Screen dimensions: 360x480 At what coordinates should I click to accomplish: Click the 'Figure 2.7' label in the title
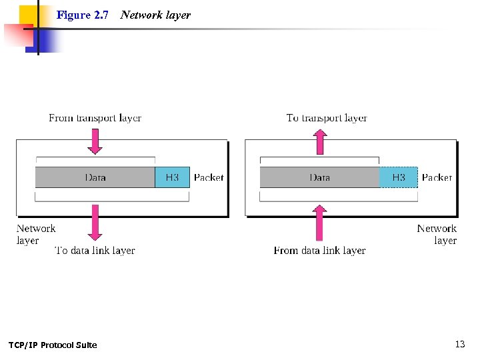(83, 15)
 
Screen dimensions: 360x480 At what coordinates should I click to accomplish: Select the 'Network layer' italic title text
(155, 15)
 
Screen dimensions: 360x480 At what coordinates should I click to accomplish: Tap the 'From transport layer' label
(95, 118)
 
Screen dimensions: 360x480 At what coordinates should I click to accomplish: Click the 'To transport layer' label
(327, 118)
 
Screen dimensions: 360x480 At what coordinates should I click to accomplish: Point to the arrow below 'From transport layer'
(95, 141)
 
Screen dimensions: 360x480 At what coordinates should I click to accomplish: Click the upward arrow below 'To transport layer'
(321, 141)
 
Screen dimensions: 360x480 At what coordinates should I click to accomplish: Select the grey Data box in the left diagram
(95, 177)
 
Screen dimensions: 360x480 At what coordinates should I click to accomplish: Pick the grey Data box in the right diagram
(319, 177)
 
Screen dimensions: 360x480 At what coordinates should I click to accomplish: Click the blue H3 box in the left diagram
(172, 177)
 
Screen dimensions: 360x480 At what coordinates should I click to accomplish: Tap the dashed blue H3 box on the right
(398, 177)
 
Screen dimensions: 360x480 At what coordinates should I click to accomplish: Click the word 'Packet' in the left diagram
(209, 177)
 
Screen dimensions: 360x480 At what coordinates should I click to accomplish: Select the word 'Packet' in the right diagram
(437, 177)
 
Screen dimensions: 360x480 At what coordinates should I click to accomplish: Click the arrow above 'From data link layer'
(320, 223)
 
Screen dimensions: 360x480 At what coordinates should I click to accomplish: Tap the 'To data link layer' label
(95, 251)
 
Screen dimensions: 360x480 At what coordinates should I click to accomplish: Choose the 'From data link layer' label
(319, 251)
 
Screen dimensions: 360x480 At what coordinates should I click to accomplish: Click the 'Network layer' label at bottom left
(36, 234)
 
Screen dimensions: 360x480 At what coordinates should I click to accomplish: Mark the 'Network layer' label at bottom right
(437, 234)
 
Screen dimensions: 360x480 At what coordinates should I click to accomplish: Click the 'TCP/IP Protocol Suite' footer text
(53, 345)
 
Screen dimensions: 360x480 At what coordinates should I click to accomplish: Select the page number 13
(459, 344)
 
